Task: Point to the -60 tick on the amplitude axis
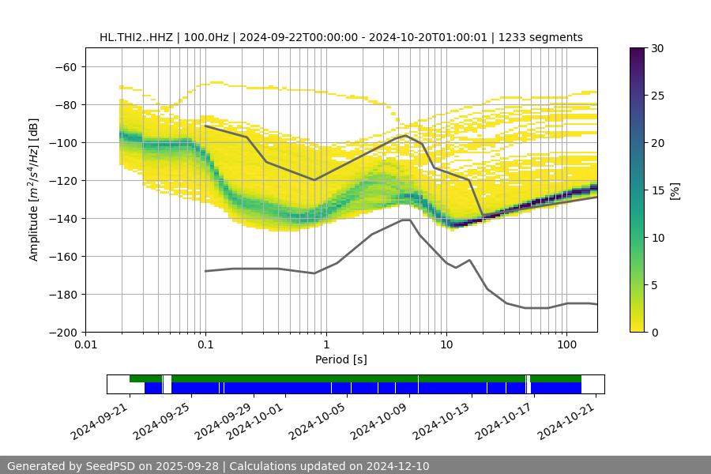(x=66, y=66)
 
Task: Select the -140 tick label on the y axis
(x=62, y=218)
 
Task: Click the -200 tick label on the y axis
(x=62, y=332)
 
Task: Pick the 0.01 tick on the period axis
(x=85, y=345)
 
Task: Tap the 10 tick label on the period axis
(x=446, y=345)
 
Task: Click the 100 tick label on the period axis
(x=566, y=345)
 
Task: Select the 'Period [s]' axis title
(x=340, y=359)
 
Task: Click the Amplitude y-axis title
(x=34, y=190)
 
